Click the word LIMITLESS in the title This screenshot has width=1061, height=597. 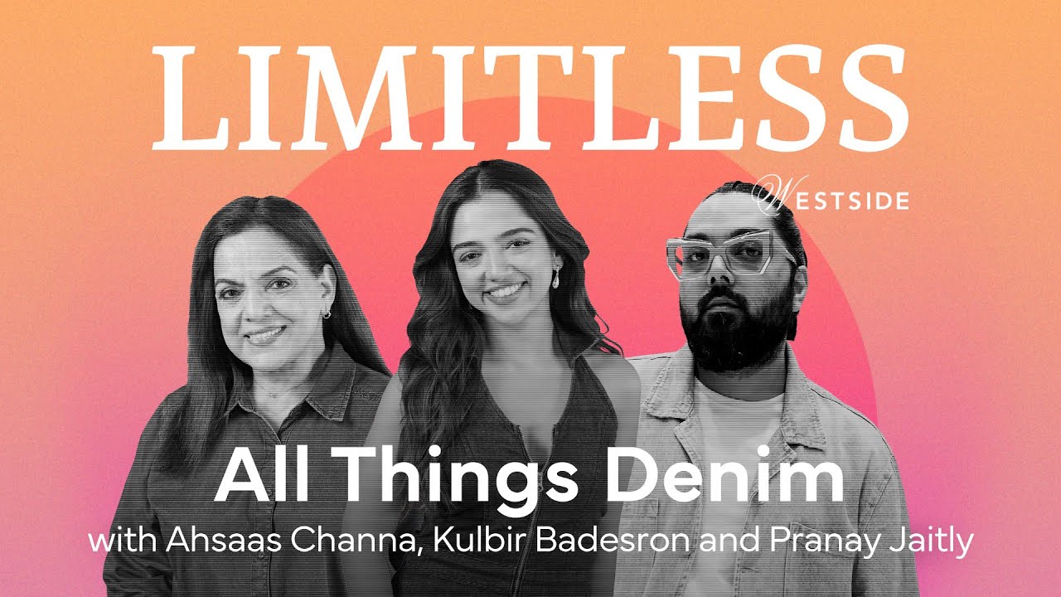[530, 98]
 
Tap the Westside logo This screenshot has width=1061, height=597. [831, 198]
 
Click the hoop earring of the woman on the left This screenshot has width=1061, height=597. [327, 314]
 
